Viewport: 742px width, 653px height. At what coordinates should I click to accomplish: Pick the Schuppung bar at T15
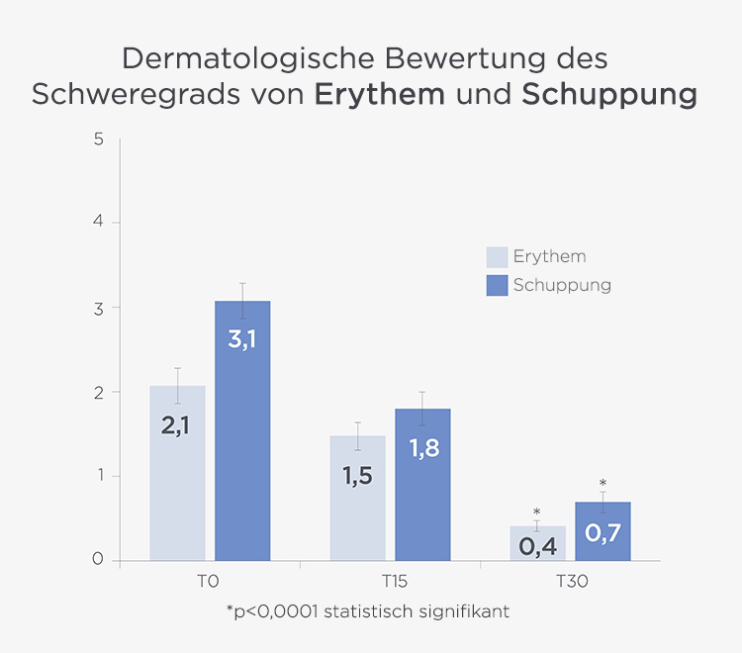pyautogui.click(x=422, y=485)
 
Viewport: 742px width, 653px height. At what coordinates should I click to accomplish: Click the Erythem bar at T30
pyautogui.click(x=537, y=543)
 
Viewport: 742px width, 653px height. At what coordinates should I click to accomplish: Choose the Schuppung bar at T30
pyautogui.click(x=603, y=531)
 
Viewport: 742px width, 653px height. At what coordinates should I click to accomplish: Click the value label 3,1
pyautogui.click(x=242, y=339)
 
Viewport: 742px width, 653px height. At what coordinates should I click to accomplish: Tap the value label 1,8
pyautogui.click(x=422, y=448)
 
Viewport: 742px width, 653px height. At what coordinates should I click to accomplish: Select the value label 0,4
pyautogui.click(x=537, y=545)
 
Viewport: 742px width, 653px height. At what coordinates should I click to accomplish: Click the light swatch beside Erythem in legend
pyautogui.click(x=497, y=257)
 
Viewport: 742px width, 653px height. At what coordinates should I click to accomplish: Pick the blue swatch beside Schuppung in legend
pyautogui.click(x=497, y=286)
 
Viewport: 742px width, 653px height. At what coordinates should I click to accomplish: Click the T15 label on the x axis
pyautogui.click(x=391, y=582)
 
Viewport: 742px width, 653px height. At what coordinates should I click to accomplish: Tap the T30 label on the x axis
pyautogui.click(x=571, y=582)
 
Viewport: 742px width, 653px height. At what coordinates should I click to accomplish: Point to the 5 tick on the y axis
pyautogui.click(x=99, y=139)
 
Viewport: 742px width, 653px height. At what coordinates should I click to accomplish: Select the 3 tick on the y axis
pyautogui.click(x=99, y=308)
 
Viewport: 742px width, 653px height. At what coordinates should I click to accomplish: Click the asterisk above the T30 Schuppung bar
pyautogui.click(x=603, y=484)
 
